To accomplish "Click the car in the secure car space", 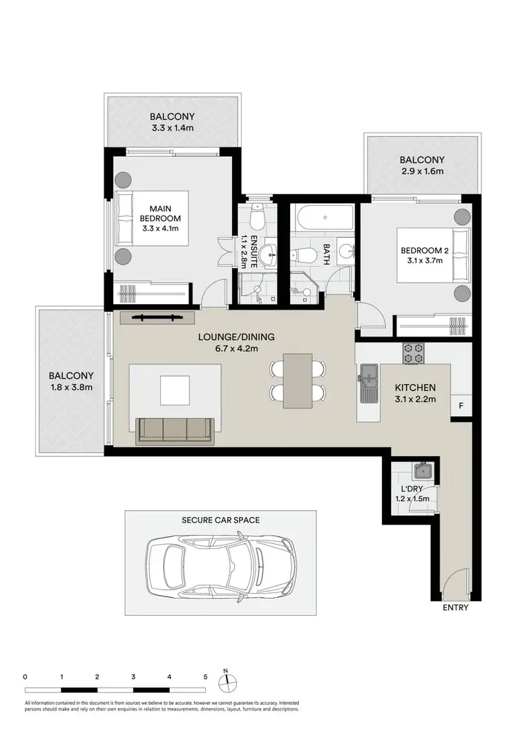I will [x=220, y=563].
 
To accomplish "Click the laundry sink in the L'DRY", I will [x=422, y=473].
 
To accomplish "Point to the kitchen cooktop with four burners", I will [x=413, y=353].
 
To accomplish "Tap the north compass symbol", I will [x=226, y=681].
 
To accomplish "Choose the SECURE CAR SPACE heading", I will [x=220, y=520].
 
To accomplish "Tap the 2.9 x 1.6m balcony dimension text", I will [x=421, y=171].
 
